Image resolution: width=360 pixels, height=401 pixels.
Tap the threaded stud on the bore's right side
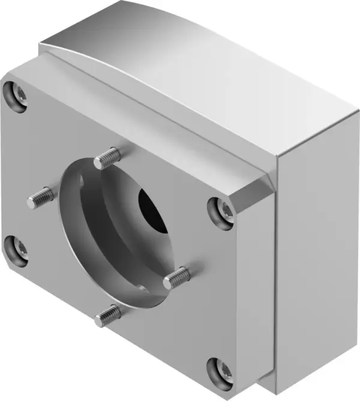[x=177, y=276]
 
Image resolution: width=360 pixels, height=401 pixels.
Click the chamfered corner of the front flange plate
[x=252, y=192]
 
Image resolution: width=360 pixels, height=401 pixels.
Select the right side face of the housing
[x=318, y=252]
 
